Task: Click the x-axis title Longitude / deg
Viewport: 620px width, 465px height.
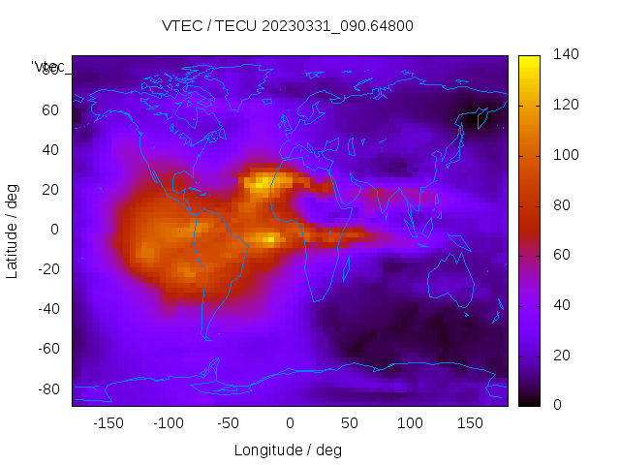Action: click(288, 449)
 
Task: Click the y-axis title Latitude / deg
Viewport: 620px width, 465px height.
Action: click(13, 230)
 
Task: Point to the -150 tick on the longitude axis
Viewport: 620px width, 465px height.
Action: click(108, 423)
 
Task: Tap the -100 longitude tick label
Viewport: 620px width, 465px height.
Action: click(168, 423)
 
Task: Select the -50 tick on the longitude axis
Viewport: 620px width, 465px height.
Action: click(229, 423)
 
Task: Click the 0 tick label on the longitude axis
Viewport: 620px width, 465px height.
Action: click(290, 423)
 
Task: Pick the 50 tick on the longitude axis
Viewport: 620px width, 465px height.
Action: click(350, 423)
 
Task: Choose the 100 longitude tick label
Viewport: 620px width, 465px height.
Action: click(411, 423)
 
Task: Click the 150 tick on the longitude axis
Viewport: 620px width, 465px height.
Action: click(471, 423)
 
